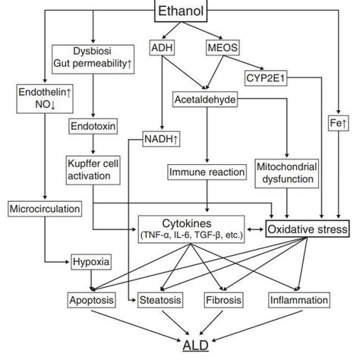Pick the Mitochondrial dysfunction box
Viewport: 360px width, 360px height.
[289, 174]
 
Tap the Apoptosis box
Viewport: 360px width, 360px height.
[91, 300]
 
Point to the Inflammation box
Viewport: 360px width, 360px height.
[298, 300]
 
